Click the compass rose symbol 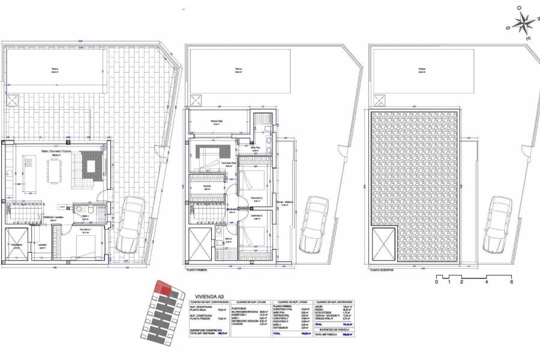[x=523, y=23]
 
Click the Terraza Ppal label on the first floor [x=217, y=120]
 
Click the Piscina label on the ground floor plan [x=55, y=70]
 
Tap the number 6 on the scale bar [x=512, y=281]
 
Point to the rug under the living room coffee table [x=92, y=166]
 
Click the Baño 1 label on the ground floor [x=85, y=215]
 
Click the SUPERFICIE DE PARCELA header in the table [x=331, y=330]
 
